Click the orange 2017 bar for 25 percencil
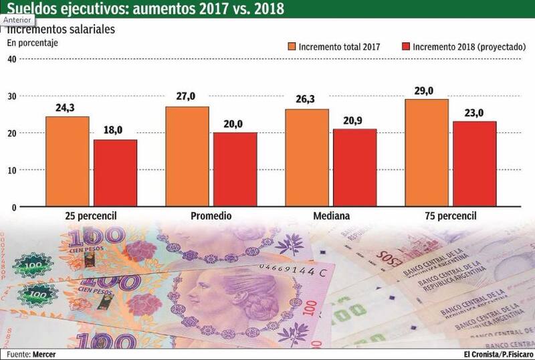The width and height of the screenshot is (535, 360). pos(67,162)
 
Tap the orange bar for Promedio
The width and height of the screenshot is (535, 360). pos(187,157)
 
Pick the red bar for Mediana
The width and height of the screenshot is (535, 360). pos(355,168)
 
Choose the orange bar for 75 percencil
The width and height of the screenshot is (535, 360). pos(427,153)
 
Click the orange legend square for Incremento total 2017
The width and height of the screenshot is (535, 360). pos(292,47)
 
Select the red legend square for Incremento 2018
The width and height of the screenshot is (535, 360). pos(405,47)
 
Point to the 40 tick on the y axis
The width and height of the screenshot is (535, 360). pos(11,58)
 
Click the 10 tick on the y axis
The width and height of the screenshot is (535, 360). pos(11,171)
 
